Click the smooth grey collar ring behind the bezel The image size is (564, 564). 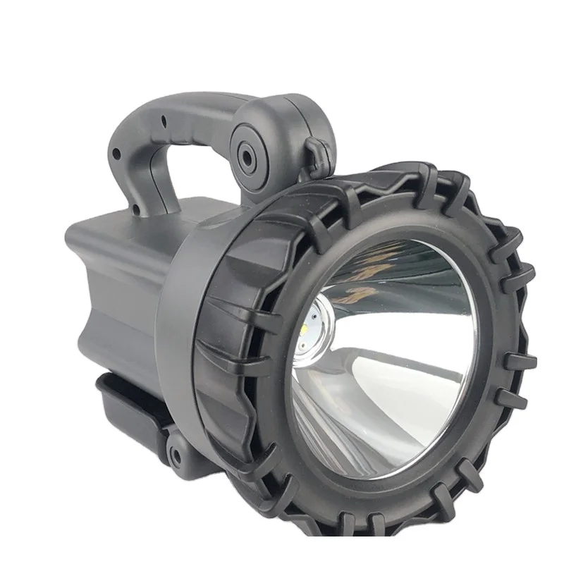click(x=176, y=310)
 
